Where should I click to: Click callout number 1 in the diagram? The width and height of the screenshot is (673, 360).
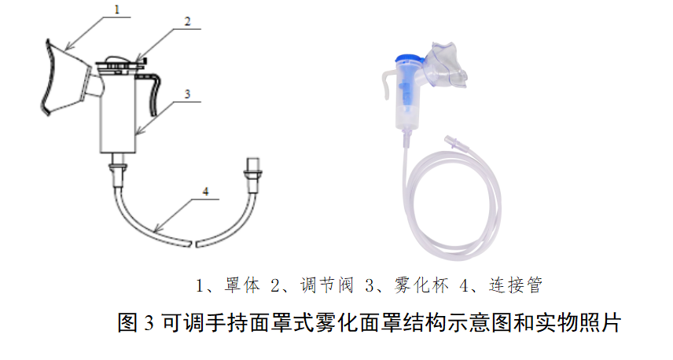tap(116, 9)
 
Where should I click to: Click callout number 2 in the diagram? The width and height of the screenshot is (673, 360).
tap(188, 21)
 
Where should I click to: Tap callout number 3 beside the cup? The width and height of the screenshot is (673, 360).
tap(188, 94)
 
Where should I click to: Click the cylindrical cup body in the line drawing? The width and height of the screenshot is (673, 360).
tap(118, 115)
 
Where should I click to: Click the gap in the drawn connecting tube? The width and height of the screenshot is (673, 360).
tap(193, 244)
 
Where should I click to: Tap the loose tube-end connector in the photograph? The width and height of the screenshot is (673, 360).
tap(452, 142)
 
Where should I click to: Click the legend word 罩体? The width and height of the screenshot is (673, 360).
tap(242, 285)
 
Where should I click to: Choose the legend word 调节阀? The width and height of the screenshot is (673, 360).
tap(327, 285)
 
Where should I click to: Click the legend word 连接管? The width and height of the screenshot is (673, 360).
tap(516, 285)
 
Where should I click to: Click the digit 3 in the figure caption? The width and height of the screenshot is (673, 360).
tap(149, 323)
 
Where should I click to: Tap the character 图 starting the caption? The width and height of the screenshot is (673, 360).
tap(127, 323)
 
